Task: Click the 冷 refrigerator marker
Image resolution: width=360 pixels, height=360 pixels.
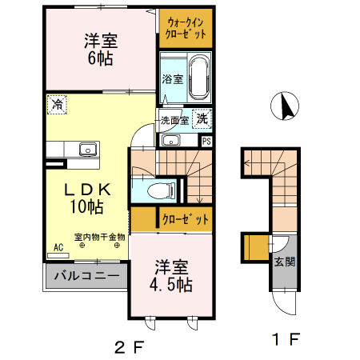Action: coord(57,103)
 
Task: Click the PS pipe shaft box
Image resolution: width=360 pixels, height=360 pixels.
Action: coord(206,141)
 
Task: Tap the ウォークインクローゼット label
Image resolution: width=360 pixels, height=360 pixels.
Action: coord(186,29)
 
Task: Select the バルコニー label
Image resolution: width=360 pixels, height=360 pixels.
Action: coord(87,278)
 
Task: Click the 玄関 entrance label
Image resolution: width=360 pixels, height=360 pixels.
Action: coord(283,261)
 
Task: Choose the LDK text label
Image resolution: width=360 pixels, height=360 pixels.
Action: coord(86,190)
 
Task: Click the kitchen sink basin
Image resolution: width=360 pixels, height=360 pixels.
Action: coord(85,149)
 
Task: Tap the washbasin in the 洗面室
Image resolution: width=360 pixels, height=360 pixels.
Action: coord(171,141)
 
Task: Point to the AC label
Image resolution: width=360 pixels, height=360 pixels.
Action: coord(58,248)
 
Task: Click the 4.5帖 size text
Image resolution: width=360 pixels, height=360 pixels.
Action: coord(171,282)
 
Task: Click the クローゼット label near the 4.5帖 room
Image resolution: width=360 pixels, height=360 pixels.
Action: coord(186,218)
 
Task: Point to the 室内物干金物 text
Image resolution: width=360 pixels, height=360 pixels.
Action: coord(99,237)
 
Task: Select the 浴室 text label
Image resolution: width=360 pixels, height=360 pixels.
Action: coord(172,78)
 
